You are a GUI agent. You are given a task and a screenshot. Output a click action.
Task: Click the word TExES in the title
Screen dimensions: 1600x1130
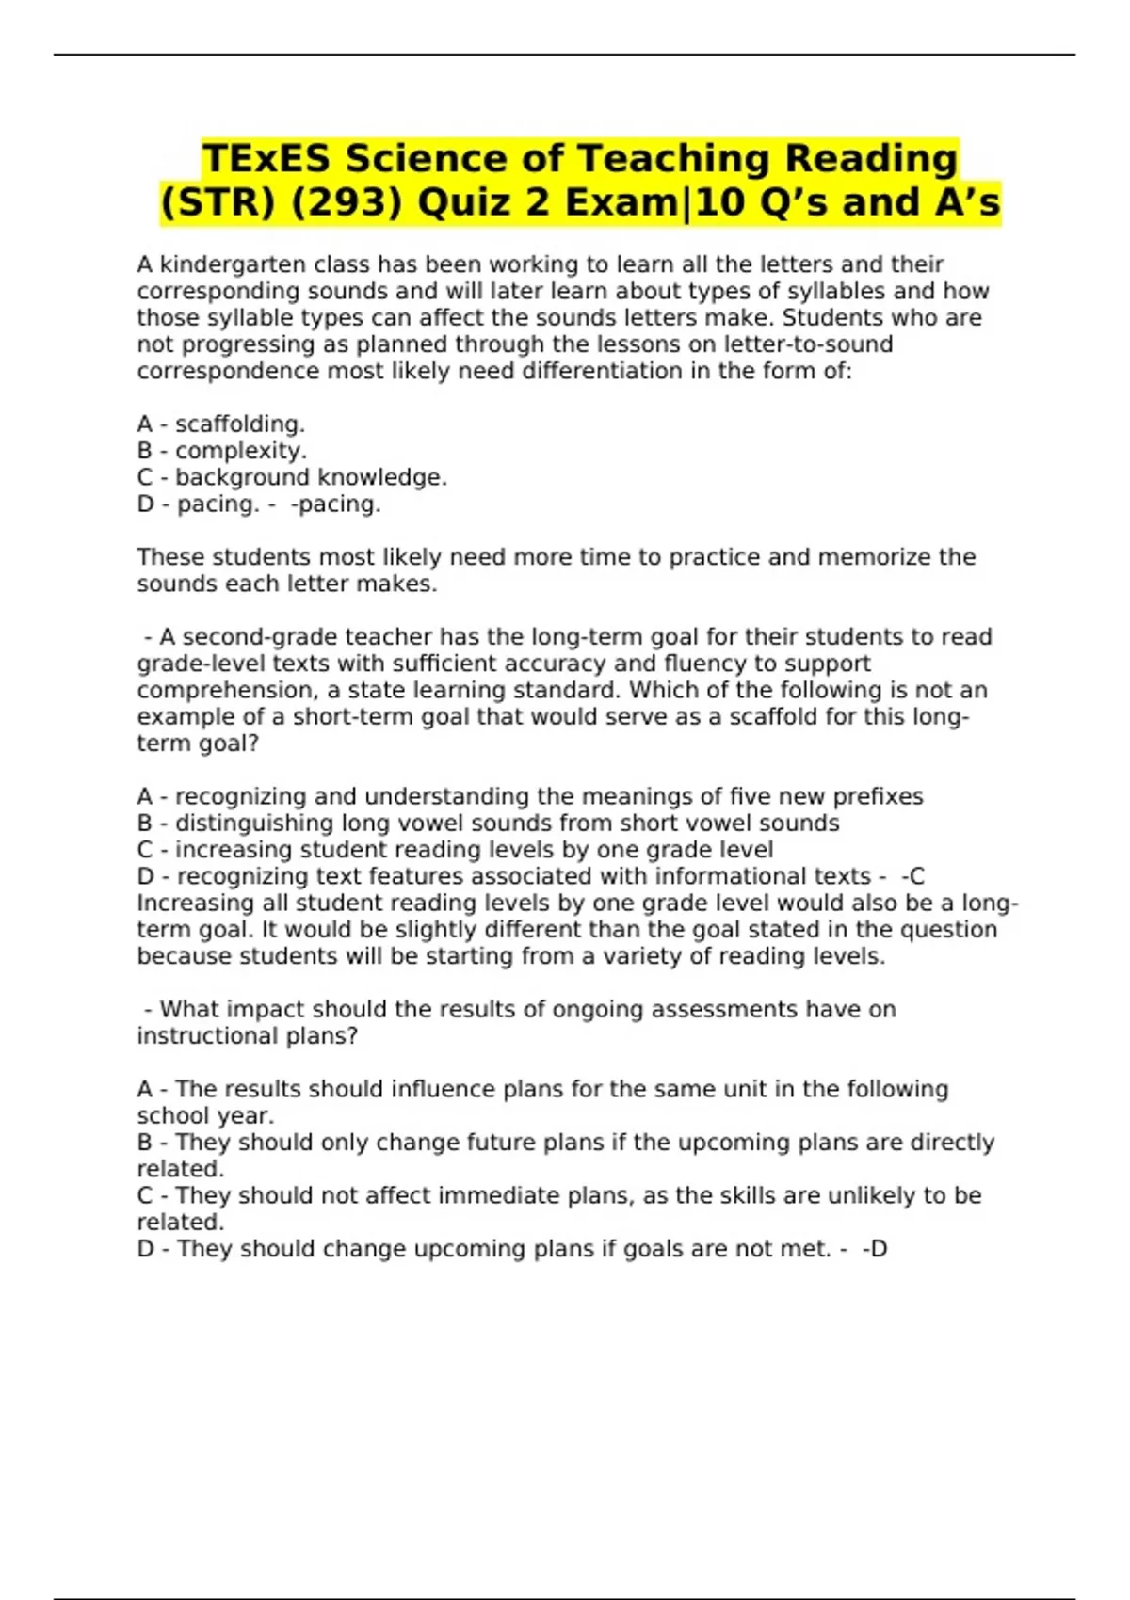(x=266, y=158)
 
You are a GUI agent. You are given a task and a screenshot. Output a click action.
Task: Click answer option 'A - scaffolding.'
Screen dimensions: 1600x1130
(x=221, y=424)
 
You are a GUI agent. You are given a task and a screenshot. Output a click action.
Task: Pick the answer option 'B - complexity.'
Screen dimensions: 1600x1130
(x=222, y=451)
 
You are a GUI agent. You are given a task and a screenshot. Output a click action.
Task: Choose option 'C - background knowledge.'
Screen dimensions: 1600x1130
(x=292, y=477)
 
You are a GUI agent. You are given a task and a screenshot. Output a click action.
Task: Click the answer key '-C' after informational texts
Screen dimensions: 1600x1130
(x=913, y=876)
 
